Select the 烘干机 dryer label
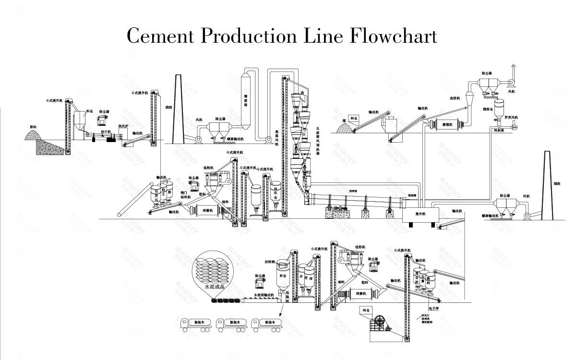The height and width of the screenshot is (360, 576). click(106, 131)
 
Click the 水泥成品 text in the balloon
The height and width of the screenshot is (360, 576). click(216, 286)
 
